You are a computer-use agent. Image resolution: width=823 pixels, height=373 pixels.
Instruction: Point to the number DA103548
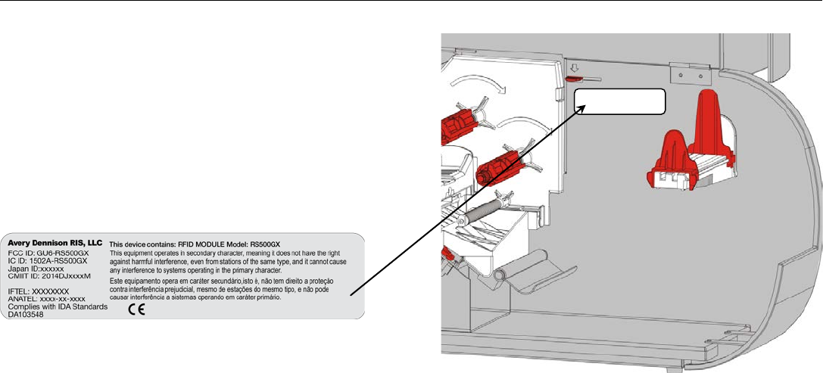37,315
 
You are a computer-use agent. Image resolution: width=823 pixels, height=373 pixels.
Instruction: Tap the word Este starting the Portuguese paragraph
118,281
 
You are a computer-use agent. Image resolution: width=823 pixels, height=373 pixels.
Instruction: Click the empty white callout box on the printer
620,102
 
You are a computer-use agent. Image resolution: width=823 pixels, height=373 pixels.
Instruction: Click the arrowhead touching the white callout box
585,108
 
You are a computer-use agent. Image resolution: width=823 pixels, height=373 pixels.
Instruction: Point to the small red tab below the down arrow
574,76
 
